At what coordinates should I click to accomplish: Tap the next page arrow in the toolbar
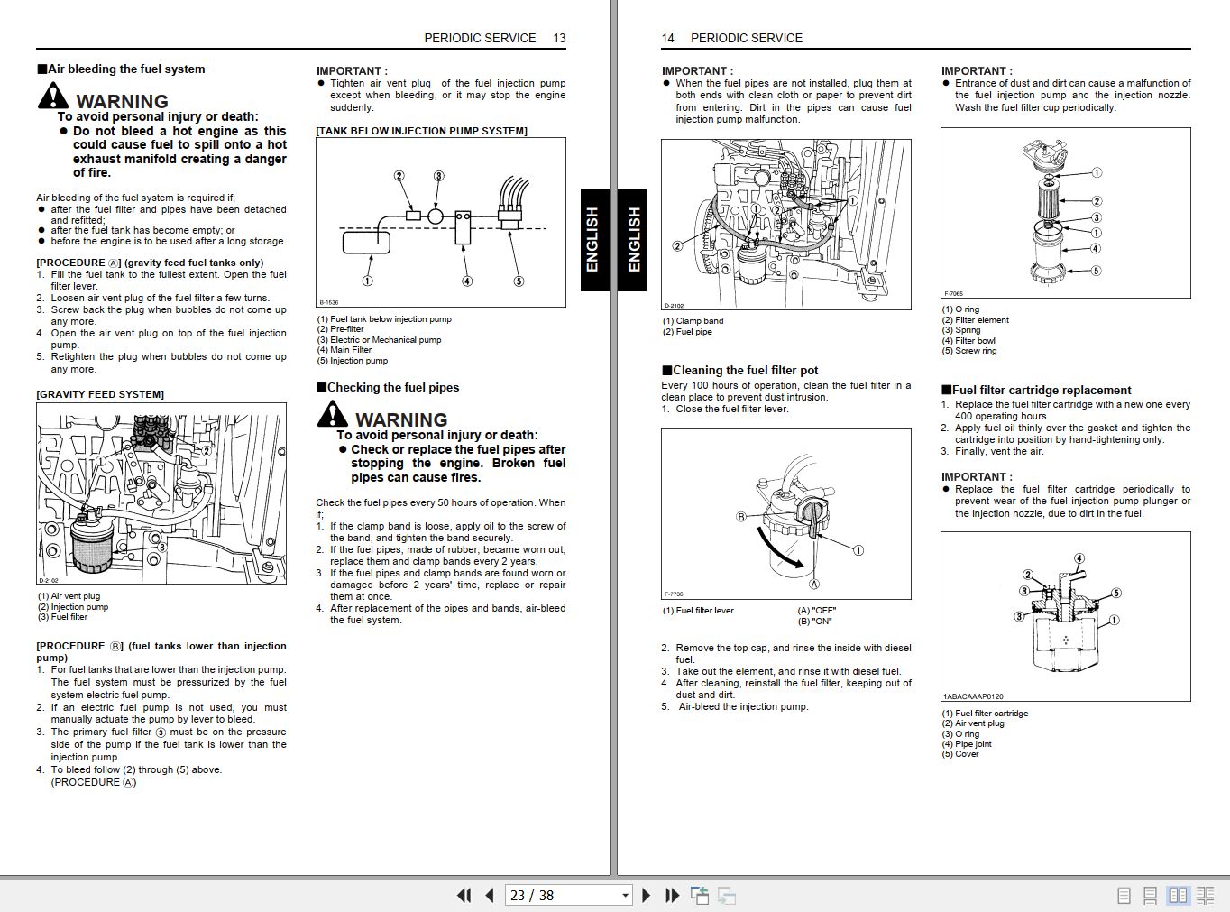[x=646, y=895]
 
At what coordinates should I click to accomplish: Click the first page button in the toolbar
[x=464, y=895]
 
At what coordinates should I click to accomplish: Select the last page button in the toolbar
[x=672, y=895]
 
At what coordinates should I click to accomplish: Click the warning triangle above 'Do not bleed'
[x=53, y=96]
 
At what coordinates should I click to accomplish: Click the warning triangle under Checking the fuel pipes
[x=332, y=414]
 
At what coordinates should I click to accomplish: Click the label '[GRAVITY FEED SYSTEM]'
[x=100, y=394]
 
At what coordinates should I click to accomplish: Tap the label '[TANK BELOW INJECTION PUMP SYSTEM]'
[x=421, y=131]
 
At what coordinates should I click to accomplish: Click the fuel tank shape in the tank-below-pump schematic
[x=366, y=242]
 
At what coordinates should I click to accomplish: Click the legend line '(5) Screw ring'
[x=969, y=351]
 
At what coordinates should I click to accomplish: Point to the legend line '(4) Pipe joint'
[x=967, y=744]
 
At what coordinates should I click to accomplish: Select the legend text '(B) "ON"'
[x=815, y=621]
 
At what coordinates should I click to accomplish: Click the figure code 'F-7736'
[x=674, y=594]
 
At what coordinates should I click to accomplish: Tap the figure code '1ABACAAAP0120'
[x=973, y=696]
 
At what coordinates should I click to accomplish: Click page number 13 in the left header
[x=559, y=38]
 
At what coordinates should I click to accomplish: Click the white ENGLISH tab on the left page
[x=592, y=240]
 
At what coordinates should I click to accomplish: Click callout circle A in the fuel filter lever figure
[x=814, y=585]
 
